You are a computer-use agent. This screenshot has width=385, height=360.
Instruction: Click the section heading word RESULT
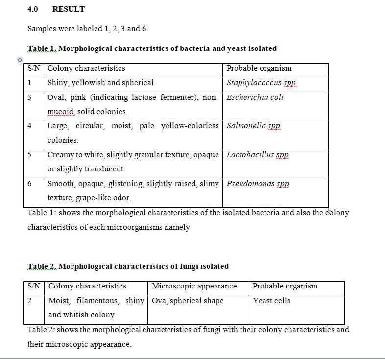coord(68,9)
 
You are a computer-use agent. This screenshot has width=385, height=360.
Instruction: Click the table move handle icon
coord(20,59)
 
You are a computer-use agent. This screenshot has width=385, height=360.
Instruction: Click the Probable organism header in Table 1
coord(259,68)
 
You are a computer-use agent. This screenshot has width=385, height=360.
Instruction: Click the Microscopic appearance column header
coord(194,286)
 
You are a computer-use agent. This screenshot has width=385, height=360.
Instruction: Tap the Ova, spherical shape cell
coord(188,301)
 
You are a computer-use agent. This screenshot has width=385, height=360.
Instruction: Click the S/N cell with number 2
coord(30,301)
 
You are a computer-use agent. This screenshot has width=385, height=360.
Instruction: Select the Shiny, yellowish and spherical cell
coord(100,83)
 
